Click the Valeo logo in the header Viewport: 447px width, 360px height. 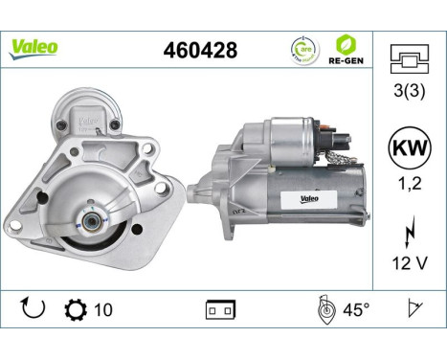[34, 48]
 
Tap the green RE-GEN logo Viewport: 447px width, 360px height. [347, 48]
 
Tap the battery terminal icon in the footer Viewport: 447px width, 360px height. [220, 309]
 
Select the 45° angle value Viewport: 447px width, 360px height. [356, 309]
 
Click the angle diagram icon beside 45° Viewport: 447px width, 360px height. [324, 308]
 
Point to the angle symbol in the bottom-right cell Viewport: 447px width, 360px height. [413, 308]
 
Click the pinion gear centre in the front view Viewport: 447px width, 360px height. [88, 221]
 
